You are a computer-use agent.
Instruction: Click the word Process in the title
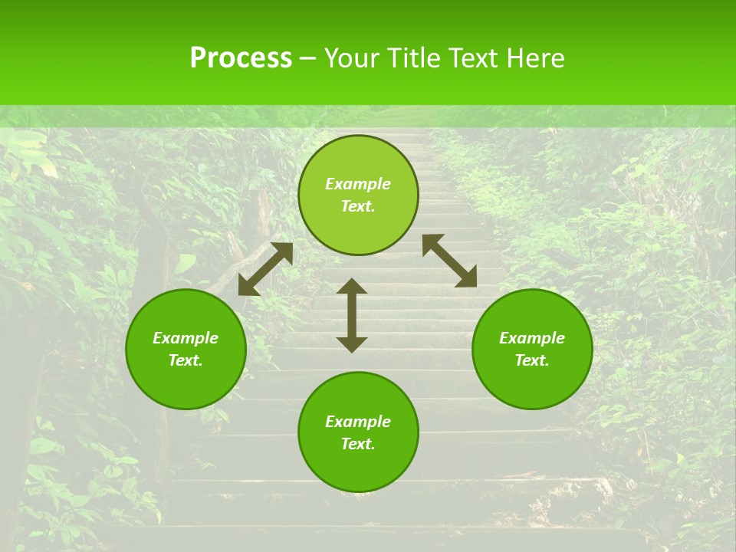pos(241,58)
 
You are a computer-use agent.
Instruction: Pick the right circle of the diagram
pos(532,376)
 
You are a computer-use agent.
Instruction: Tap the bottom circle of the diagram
pos(358,460)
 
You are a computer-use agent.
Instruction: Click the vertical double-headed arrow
pos(352,315)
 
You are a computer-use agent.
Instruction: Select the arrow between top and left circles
pos(265,269)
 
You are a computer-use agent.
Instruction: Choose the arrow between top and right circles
pos(450,261)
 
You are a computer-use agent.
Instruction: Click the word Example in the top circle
pos(358,184)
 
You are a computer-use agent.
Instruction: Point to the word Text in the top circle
pos(358,207)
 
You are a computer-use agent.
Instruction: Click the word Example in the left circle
pos(186,338)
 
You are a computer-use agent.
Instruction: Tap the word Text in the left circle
pos(186,361)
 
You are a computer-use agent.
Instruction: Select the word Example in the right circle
pos(532,338)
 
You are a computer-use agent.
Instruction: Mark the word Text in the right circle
pos(532,361)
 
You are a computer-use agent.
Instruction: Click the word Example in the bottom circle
pos(358,422)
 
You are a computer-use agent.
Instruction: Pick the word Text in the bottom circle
pos(358,445)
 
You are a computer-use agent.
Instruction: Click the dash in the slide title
pos(307,59)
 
